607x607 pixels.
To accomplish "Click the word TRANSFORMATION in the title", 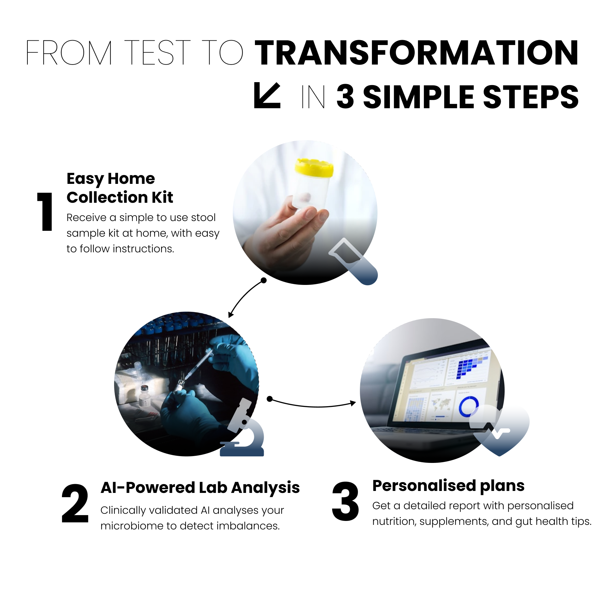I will pyautogui.click(x=416, y=53).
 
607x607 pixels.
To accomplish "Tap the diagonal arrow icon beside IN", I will pyautogui.click(x=267, y=95).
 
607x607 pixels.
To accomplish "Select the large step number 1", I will pyautogui.click(x=45, y=212).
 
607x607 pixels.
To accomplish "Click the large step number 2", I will pyautogui.click(x=75, y=504).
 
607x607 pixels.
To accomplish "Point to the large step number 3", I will pyautogui.click(x=345, y=502).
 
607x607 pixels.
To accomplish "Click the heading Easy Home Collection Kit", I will pyautogui.click(x=119, y=188).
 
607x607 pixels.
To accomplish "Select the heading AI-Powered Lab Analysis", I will pyautogui.click(x=200, y=488).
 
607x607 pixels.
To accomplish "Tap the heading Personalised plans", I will pyautogui.click(x=448, y=485).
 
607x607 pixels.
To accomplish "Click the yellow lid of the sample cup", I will pyautogui.click(x=314, y=167).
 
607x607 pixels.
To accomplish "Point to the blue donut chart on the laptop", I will pyautogui.click(x=468, y=406).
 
